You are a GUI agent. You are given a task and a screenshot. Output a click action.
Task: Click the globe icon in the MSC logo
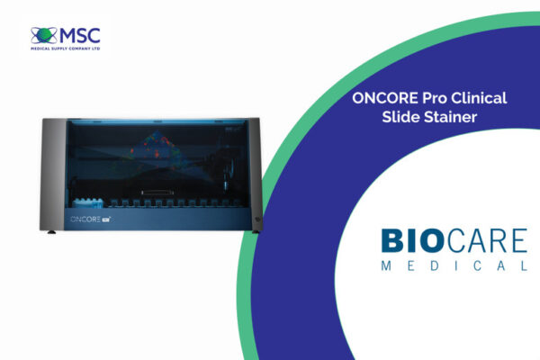[44, 35]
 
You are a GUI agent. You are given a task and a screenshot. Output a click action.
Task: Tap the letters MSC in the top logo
[80, 36]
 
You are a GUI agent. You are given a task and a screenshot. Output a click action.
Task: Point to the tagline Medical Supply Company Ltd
[66, 49]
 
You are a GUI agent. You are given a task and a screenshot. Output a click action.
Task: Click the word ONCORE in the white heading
[385, 98]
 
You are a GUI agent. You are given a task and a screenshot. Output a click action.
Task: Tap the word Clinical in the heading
[479, 98]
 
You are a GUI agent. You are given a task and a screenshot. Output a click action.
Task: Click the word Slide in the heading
[400, 117]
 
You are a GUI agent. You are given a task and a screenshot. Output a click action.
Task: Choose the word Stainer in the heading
[451, 117]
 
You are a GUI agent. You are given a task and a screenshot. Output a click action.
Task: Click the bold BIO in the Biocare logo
[412, 241]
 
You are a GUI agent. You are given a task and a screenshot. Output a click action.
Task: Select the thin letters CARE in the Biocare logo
[487, 241]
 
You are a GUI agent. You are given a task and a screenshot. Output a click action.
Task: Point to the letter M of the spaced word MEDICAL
[386, 265]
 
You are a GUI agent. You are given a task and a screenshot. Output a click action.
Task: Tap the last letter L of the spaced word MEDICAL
[524, 265]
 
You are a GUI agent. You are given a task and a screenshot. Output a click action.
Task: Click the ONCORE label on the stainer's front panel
[85, 219]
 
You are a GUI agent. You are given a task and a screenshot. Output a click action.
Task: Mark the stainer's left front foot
[51, 232]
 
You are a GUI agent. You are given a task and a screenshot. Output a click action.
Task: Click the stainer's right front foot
[256, 232]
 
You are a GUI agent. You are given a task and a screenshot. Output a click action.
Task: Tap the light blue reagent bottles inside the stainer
[88, 202]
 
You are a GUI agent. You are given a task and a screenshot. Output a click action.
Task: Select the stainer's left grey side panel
[53, 175]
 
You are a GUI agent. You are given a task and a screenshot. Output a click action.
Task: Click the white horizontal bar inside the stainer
[157, 192]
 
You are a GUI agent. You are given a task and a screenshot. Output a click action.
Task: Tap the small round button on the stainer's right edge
[257, 219]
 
